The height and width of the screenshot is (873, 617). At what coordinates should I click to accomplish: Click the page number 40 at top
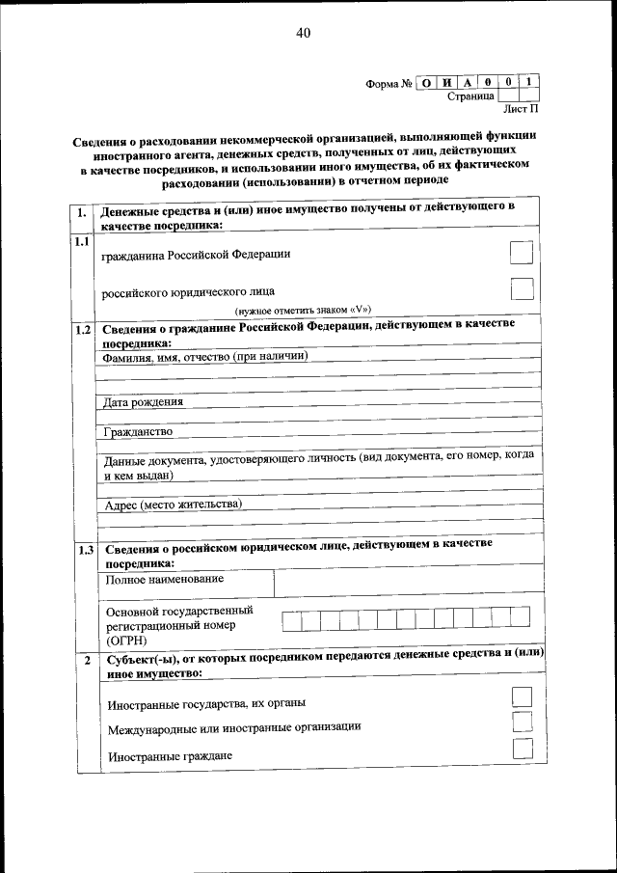tap(303, 33)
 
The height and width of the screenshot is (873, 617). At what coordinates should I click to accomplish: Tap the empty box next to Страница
tap(512, 96)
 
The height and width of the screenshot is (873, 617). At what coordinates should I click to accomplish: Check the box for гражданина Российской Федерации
tap(521, 253)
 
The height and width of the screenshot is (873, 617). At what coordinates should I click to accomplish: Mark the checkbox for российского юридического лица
tap(521, 288)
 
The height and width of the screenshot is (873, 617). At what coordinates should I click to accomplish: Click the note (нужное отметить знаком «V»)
tap(303, 310)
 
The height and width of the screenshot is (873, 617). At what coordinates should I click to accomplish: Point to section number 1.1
tap(83, 242)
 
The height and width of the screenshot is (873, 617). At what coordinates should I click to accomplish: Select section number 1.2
tap(83, 330)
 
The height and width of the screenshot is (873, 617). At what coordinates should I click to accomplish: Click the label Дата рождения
tap(143, 401)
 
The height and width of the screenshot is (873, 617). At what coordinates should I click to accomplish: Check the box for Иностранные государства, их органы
tap(522, 696)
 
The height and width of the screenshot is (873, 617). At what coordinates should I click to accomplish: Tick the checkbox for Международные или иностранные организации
tap(522, 722)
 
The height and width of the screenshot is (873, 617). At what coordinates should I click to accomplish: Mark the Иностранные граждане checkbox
tap(522, 749)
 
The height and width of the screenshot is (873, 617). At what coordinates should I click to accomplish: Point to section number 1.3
tap(85, 551)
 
